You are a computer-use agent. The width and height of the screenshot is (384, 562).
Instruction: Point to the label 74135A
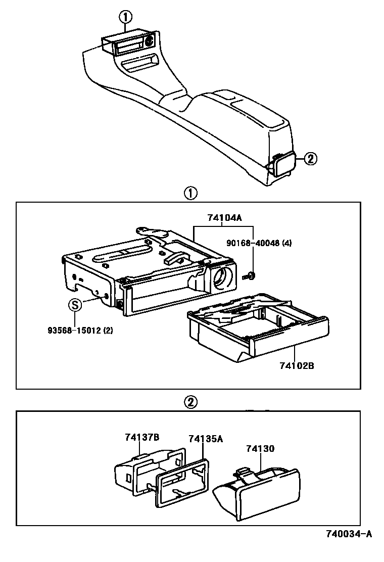coord(206,439)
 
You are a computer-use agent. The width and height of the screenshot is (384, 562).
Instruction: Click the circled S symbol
coord(75,305)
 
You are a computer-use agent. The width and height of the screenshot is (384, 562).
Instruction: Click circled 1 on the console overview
coord(125,17)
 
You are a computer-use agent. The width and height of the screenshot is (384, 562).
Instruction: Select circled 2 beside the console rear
coord(310,159)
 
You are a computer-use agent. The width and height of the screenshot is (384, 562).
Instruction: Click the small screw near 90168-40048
coord(249,275)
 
